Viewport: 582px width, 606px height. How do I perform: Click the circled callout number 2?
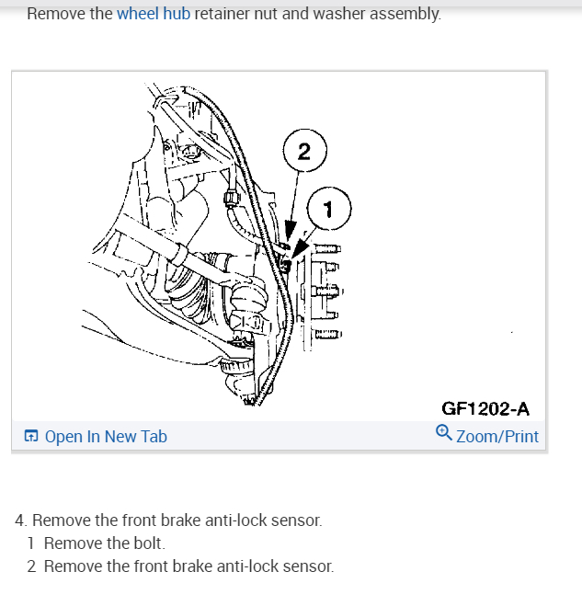pos(304,151)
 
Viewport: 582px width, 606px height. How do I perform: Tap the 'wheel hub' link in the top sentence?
pos(154,15)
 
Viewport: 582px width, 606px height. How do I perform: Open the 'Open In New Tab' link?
pos(106,436)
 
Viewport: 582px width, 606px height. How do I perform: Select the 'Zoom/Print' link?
pos(496,436)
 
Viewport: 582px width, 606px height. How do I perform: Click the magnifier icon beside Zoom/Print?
pos(444,434)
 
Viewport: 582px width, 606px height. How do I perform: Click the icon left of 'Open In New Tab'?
pos(31,436)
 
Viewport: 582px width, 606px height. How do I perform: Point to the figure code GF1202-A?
pos(485,409)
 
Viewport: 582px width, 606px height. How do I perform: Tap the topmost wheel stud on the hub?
pos(330,248)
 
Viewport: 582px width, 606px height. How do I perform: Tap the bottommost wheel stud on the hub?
pos(330,334)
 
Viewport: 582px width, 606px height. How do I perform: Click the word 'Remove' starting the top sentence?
pos(56,15)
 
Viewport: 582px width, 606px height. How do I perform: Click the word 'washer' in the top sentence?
pos(337,15)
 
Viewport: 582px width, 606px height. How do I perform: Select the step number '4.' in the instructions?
pos(21,520)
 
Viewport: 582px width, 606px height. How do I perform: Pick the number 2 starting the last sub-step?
pos(32,566)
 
